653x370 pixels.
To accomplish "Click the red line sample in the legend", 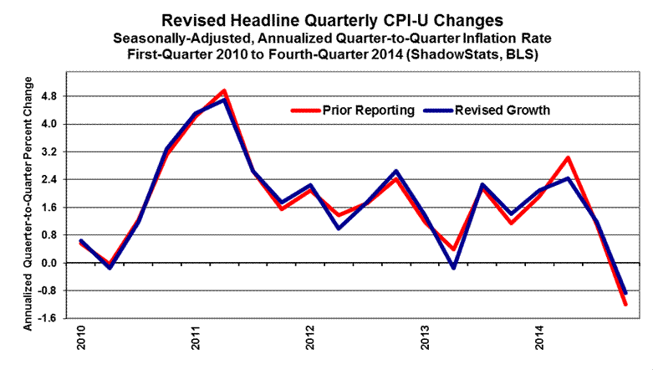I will [305, 110].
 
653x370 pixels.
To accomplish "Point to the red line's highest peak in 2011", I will [223, 90].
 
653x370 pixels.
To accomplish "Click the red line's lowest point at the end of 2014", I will [625, 304].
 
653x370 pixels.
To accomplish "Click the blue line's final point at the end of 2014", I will [625, 292].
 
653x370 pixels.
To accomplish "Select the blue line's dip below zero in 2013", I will [454, 268].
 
